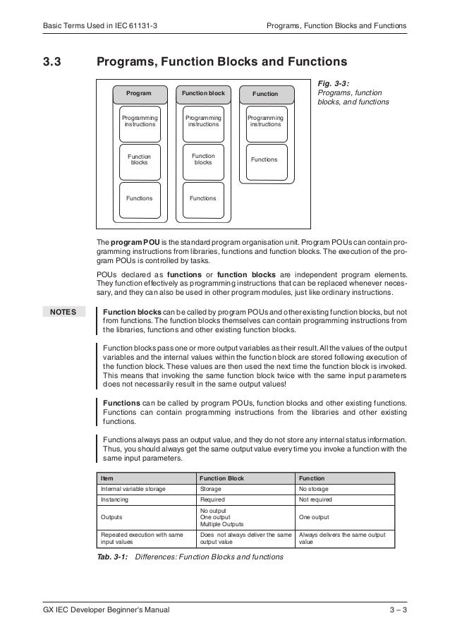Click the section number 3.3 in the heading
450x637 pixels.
(x=53, y=61)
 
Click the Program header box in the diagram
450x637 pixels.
(x=139, y=93)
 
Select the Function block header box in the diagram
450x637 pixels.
(x=203, y=93)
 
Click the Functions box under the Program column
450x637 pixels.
(x=139, y=198)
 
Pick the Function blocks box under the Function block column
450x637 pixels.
(x=203, y=159)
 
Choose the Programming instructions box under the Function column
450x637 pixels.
(x=265, y=121)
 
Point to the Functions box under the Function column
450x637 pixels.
(x=264, y=160)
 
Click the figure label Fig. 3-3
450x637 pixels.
(x=334, y=83)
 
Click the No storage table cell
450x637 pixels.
(x=315, y=488)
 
